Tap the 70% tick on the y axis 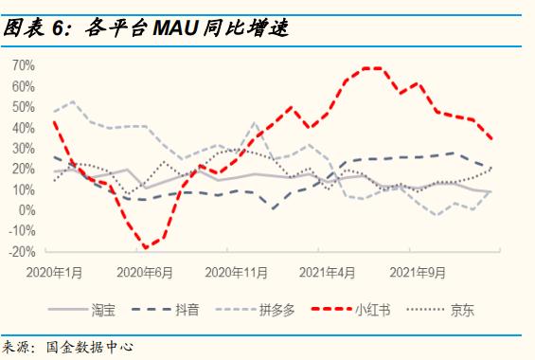[x=25, y=65]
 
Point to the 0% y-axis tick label [x=28, y=209]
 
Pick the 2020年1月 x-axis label [x=56, y=272]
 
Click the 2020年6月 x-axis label [x=145, y=272]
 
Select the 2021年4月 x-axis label [x=327, y=272]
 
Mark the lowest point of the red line [x=146, y=248]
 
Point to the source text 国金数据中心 [x=90, y=348]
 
